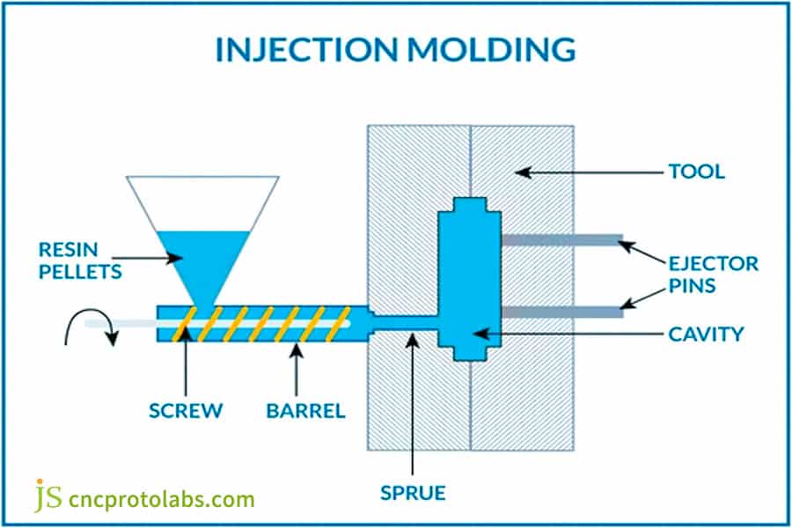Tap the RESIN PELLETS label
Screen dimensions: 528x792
click(x=80, y=259)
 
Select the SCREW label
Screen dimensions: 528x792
click(x=186, y=411)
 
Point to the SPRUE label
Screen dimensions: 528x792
click(x=412, y=491)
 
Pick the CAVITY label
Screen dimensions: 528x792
click(x=706, y=334)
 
